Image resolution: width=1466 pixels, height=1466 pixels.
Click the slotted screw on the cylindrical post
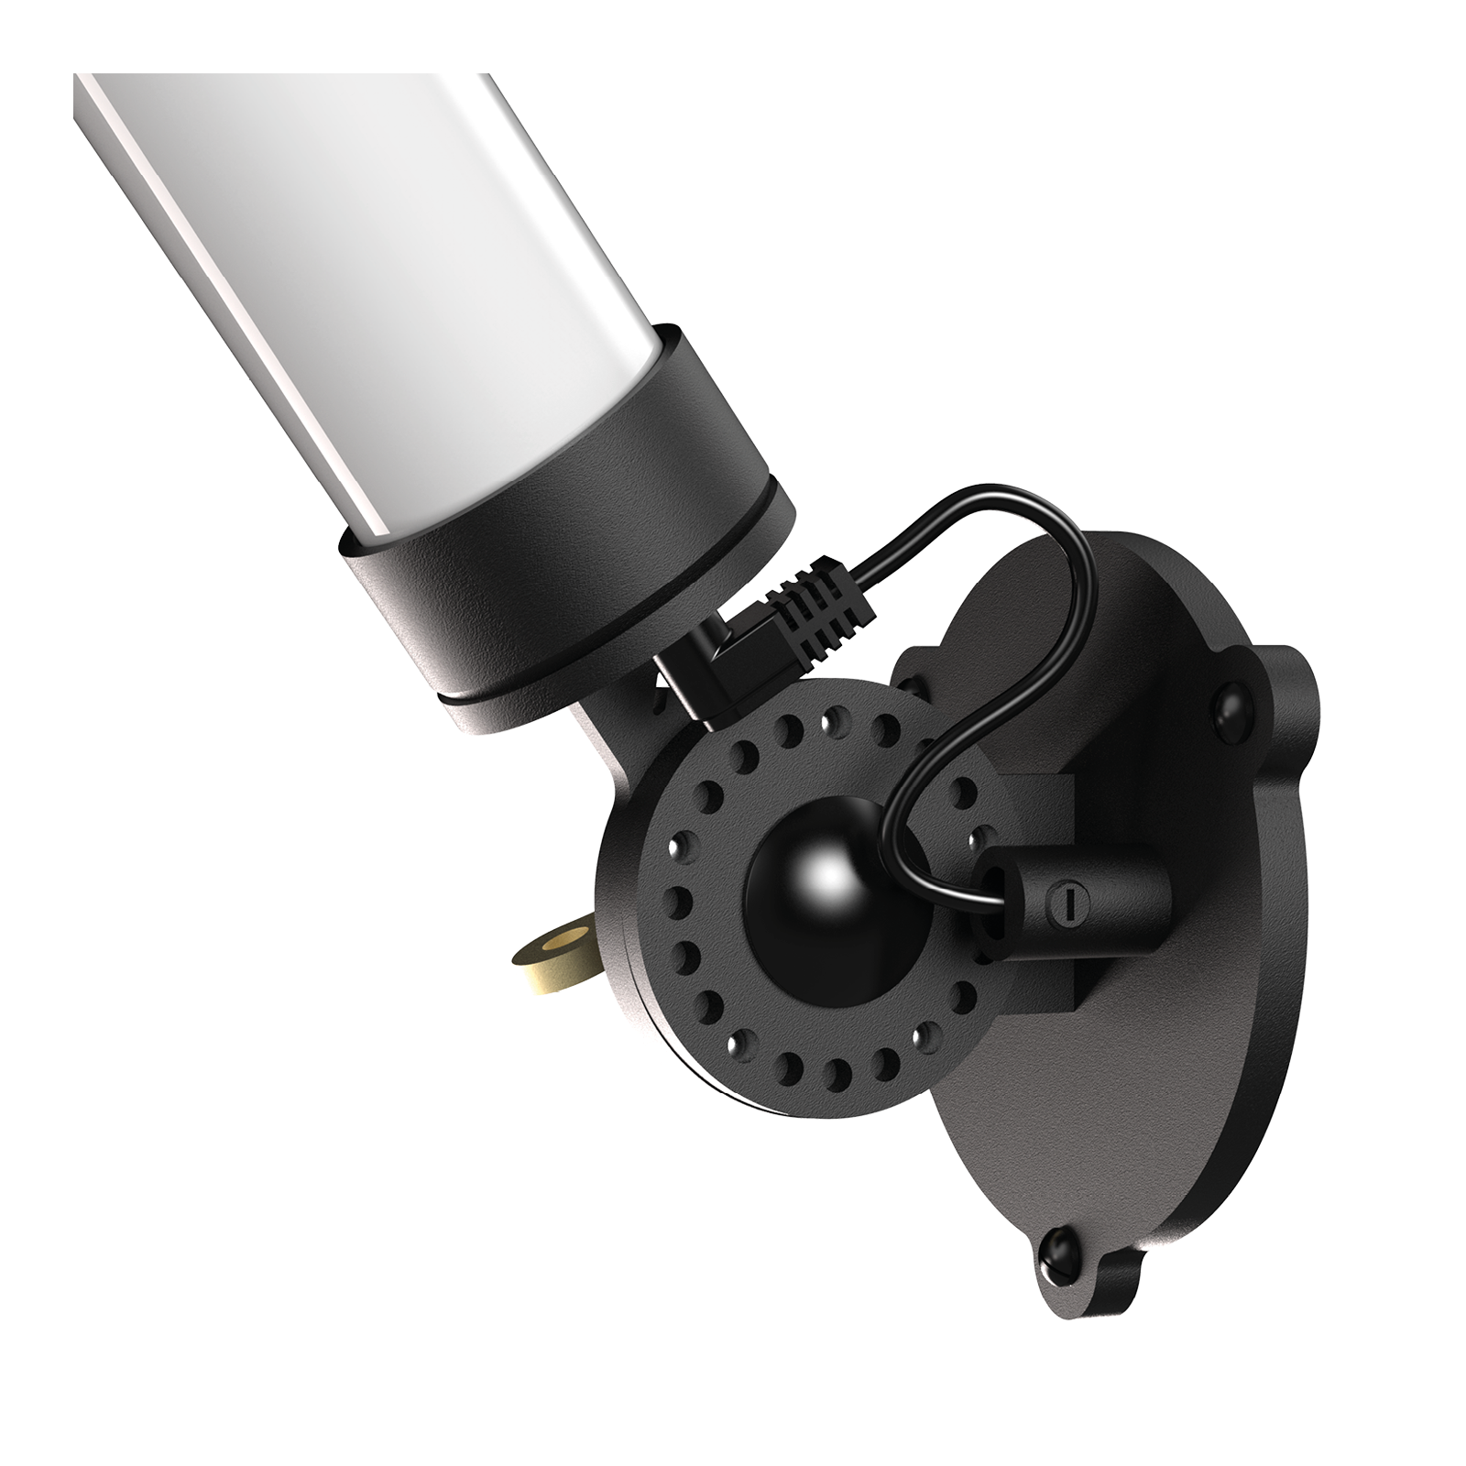(x=1063, y=912)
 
